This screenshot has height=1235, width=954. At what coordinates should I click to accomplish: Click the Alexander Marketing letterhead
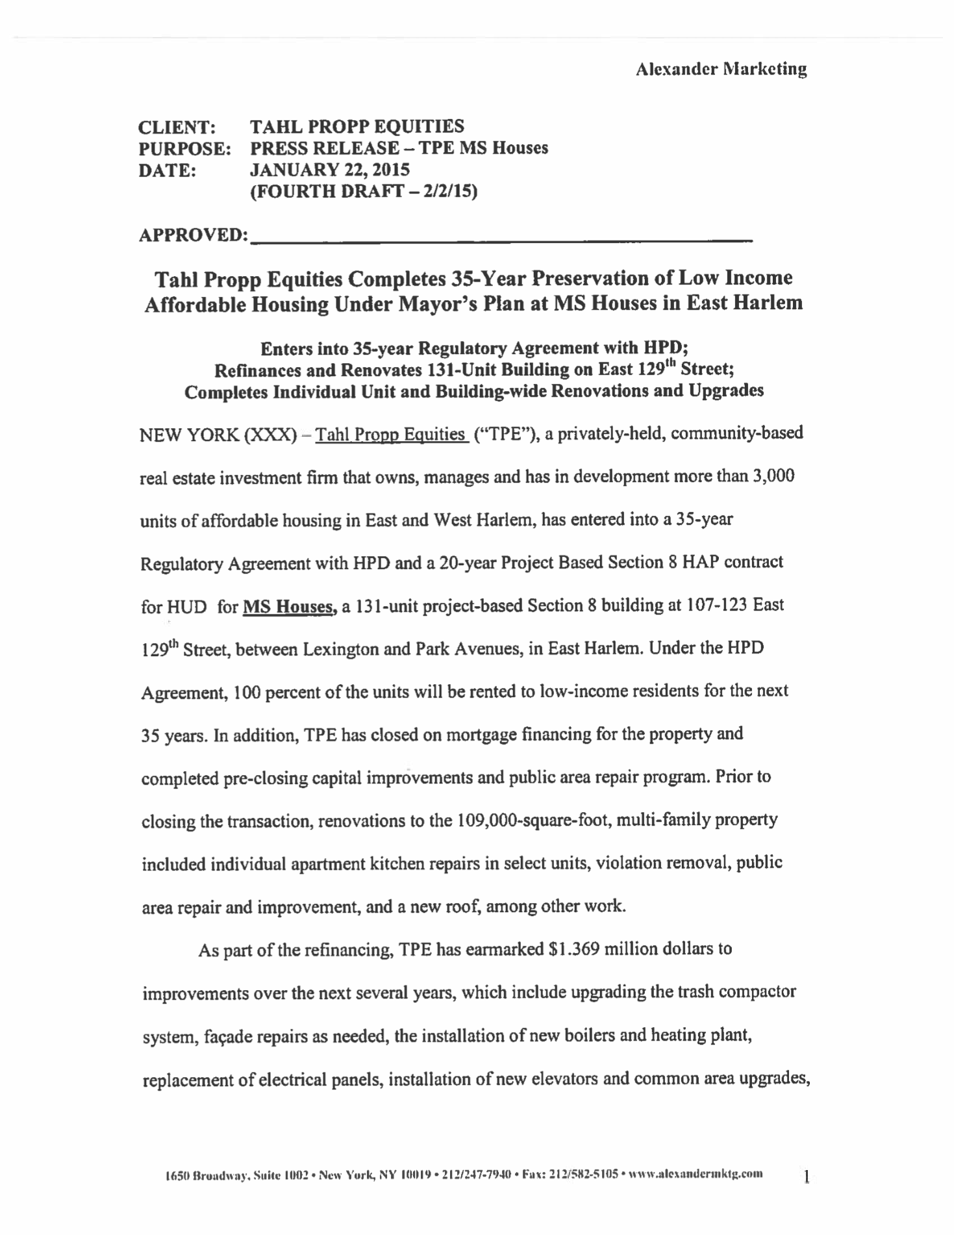pyautogui.click(x=721, y=69)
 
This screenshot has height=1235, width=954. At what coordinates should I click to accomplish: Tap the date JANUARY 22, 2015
pyautogui.click(x=330, y=170)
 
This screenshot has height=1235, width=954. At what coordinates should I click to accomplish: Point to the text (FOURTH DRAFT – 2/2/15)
pyautogui.click(x=364, y=192)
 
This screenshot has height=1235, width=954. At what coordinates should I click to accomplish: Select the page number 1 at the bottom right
pyautogui.click(x=806, y=1176)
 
